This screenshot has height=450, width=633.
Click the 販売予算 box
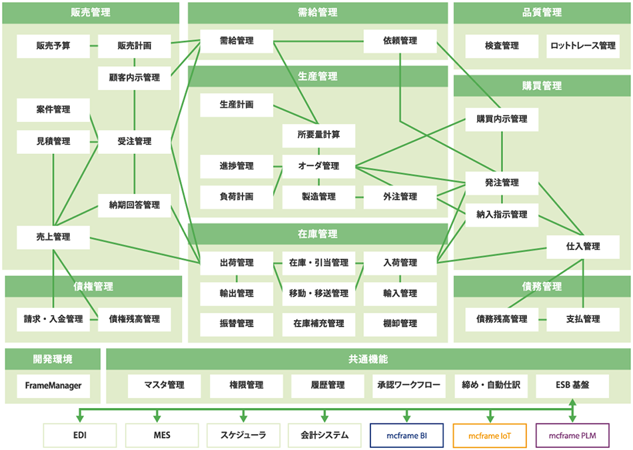pyautogui.click(x=53, y=46)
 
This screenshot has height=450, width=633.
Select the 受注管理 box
pyautogui.click(x=135, y=141)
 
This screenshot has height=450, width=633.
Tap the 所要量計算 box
pyautogui.click(x=318, y=135)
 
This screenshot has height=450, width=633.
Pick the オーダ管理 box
pyautogui.click(x=318, y=166)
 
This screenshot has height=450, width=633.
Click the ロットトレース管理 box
pyautogui.click(x=583, y=46)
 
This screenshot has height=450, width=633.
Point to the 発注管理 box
pyautogui.click(x=502, y=183)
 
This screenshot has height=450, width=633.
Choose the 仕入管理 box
pyautogui.click(x=583, y=246)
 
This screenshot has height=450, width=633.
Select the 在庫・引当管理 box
pyautogui.click(x=318, y=263)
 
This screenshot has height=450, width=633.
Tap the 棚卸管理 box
pyautogui.click(x=400, y=323)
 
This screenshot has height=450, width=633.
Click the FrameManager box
pyautogui.click(x=53, y=385)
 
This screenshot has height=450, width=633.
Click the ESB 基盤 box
pyautogui.click(x=572, y=385)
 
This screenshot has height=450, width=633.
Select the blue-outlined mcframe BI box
pyautogui.click(x=407, y=435)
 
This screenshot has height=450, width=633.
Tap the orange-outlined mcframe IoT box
pyautogui.click(x=489, y=435)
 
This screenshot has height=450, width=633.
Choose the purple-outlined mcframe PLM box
pyautogui.click(x=572, y=435)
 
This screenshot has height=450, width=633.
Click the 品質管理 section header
pyautogui.click(x=542, y=13)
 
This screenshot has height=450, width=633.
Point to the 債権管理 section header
pyautogui.click(x=93, y=287)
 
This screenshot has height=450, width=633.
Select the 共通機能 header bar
pyautogui.click(x=368, y=359)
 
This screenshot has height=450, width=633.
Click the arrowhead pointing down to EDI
pyautogui.click(x=81, y=418)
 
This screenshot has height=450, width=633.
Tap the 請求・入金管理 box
pyautogui.click(x=53, y=319)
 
